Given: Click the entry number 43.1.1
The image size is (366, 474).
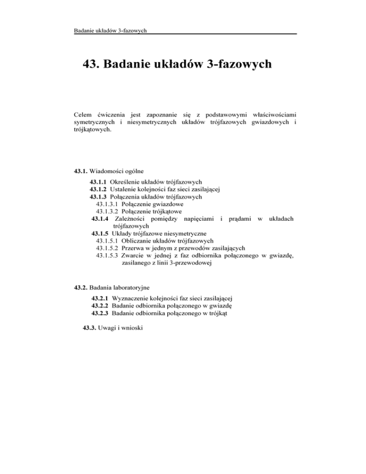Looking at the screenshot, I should point(98,182).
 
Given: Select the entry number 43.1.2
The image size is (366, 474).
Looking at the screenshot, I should point(98,189).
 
